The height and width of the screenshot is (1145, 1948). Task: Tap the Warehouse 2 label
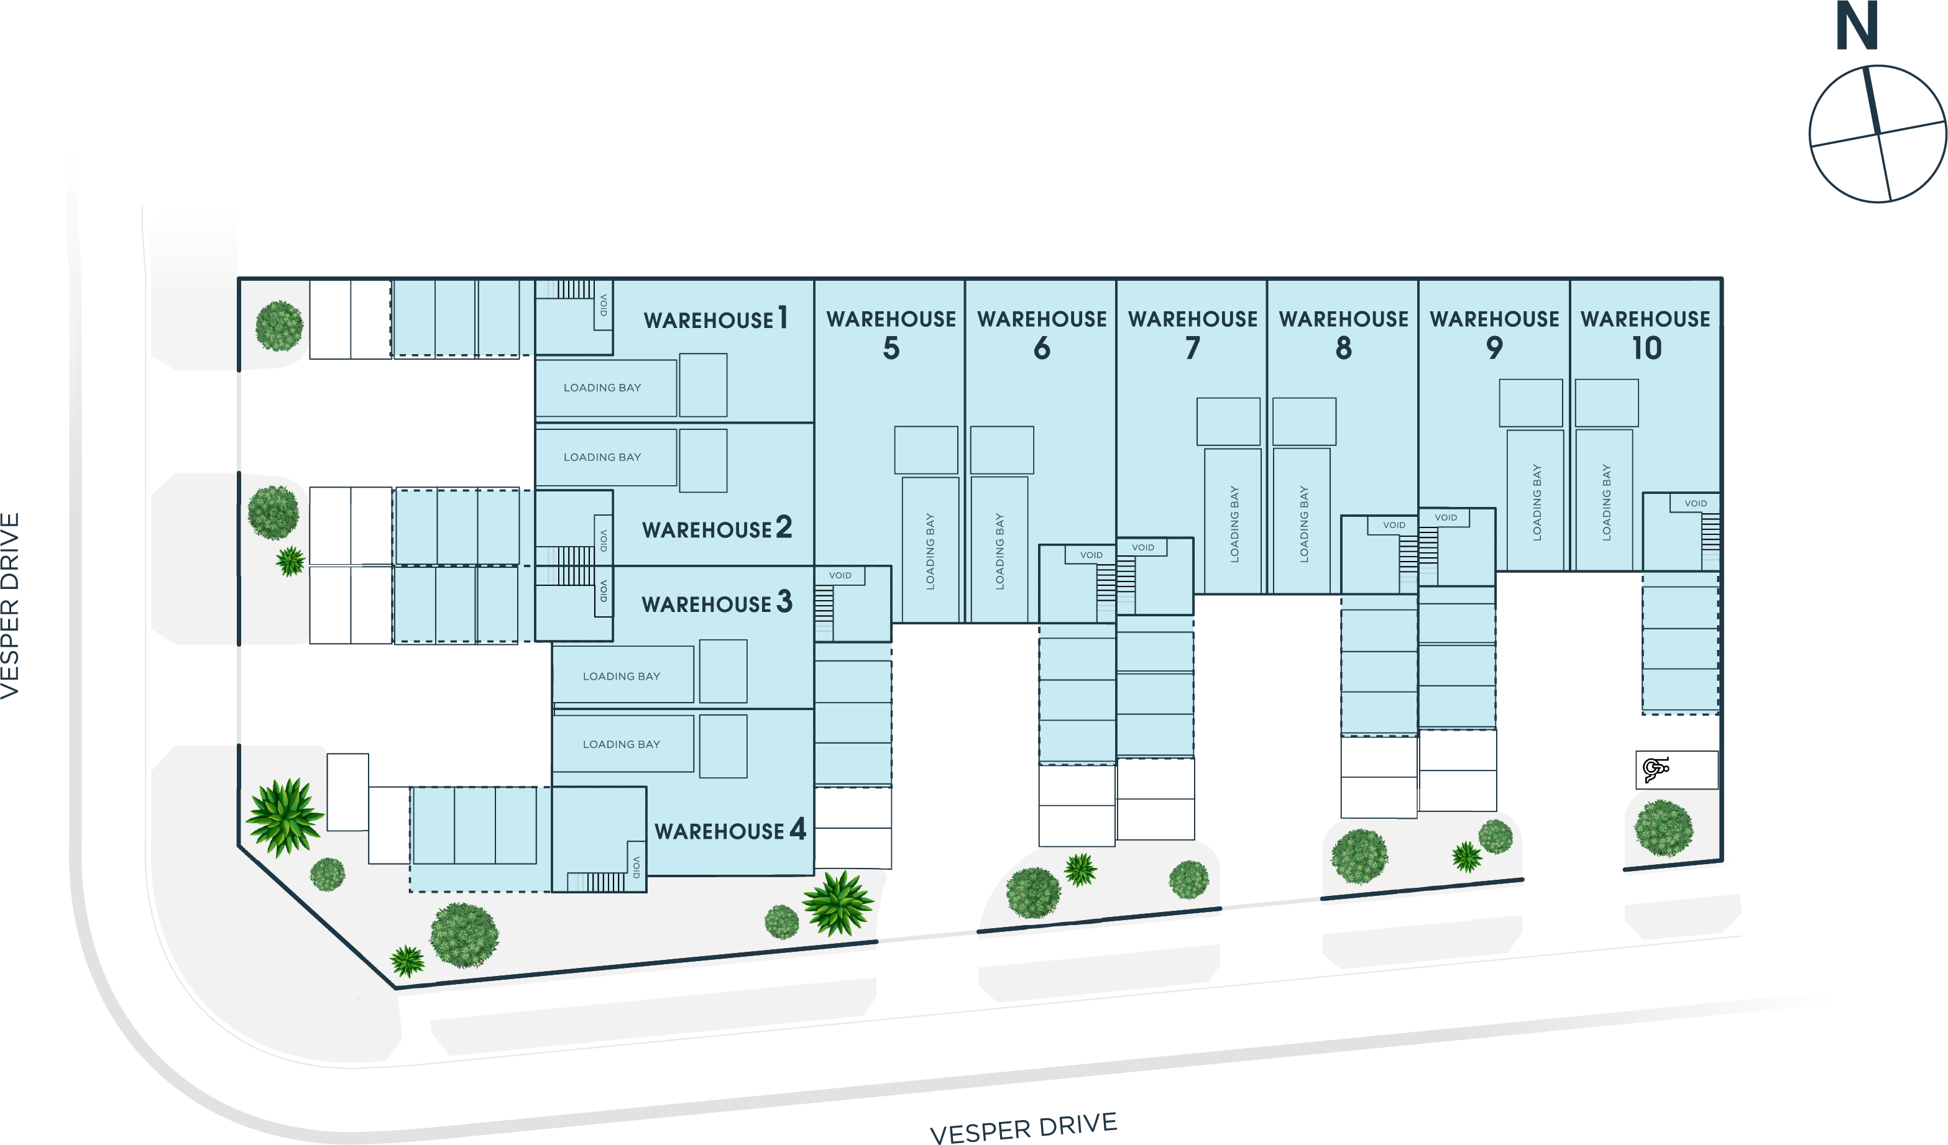[x=717, y=529]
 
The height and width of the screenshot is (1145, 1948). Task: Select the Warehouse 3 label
[x=717, y=603]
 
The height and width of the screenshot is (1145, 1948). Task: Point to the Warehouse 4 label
[x=730, y=831]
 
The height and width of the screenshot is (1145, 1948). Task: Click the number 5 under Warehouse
[x=891, y=349]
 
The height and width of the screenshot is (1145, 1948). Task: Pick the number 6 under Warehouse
[x=1042, y=349]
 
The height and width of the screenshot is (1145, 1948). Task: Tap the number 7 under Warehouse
[x=1193, y=349]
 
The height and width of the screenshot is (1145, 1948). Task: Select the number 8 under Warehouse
[x=1343, y=349]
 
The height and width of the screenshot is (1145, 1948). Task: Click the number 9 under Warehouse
[x=1494, y=349]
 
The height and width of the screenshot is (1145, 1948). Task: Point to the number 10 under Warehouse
[x=1647, y=349]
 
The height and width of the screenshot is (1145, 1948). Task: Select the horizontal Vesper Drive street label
[x=1024, y=1128]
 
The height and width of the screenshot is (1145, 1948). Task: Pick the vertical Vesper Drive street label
[x=11, y=606]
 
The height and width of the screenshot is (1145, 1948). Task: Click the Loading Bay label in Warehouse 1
[x=602, y=388]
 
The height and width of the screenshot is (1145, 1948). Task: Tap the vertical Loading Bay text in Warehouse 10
[x=1606, y=501]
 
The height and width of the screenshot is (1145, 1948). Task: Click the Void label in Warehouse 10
[x=1695, y=504]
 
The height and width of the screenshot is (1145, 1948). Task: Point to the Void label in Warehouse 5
[x=840, y=575]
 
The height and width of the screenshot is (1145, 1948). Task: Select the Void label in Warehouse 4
[x=637, y=867]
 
